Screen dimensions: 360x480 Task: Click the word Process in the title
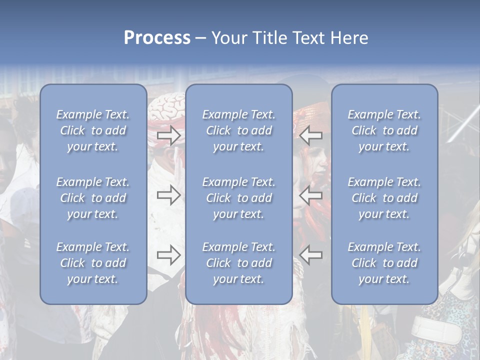[x=157, y=38]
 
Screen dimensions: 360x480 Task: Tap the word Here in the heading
[x=348, y=38]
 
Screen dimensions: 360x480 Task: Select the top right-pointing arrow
[x=169, y=135]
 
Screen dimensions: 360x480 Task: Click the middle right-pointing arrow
[x=169, y=195]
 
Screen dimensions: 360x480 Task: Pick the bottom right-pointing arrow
[x=169, y=255]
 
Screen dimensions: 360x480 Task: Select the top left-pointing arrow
[x=311, y=135]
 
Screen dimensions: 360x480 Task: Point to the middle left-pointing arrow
[x=311, y=195]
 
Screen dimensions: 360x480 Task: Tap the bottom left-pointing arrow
[x=311, y=255]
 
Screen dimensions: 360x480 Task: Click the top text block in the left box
[x=93, y=130]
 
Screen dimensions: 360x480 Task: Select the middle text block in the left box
[x=93, y=198]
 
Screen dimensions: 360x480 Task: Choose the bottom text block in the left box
[x=93, y=263]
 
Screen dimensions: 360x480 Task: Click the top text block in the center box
[x=238, y=130]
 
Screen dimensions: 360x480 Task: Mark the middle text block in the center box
[x=238, y=198]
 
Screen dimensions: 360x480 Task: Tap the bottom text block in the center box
[x=238, y=263]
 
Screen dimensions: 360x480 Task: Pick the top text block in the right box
[x=384, y=130]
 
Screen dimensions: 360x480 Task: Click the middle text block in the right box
[x=384, y=198]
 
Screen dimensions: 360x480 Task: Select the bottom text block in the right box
[x=384, y=263]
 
